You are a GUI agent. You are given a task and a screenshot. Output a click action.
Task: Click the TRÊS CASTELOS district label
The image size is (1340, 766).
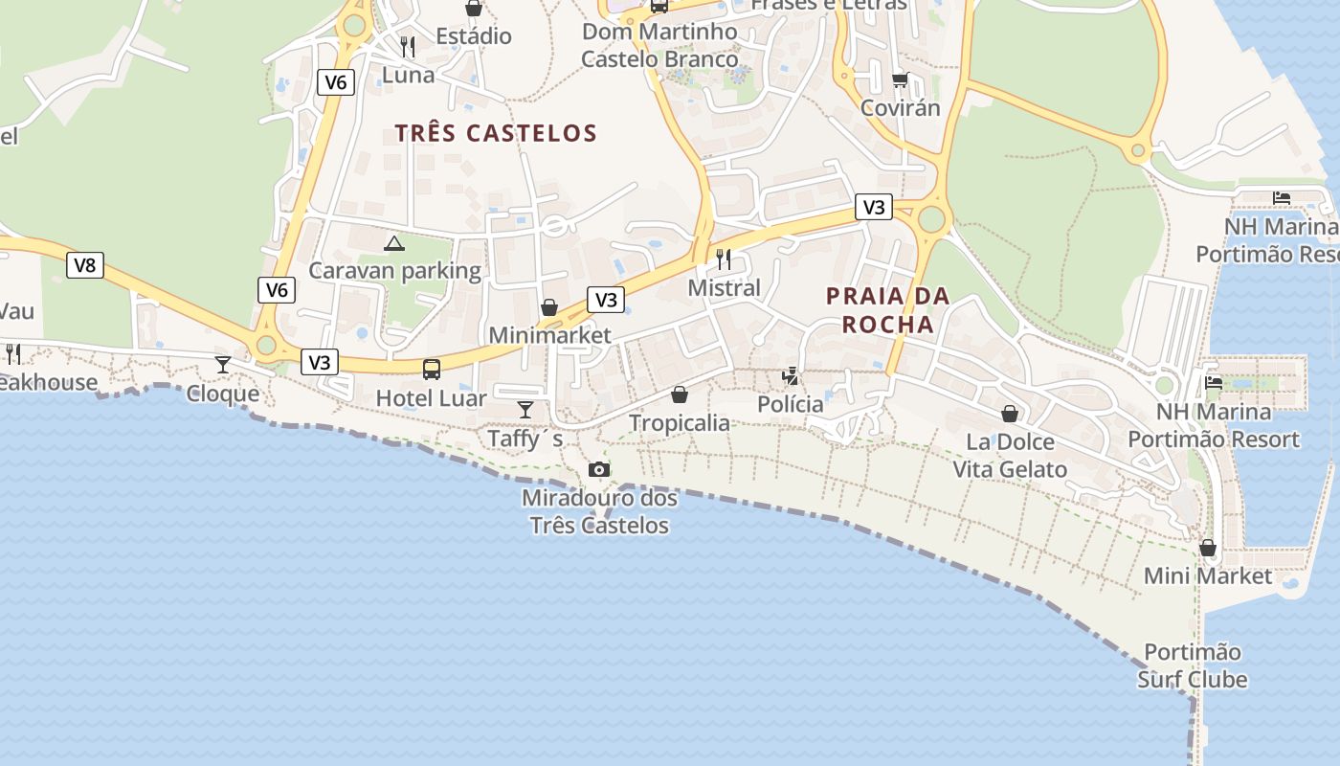pyautogui.click(x=496, y=133)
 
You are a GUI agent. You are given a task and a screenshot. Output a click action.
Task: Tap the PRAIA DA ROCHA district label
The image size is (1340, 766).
pyautogui.click(x=888, y=309)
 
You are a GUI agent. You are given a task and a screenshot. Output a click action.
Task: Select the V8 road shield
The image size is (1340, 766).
pyautogui.click(x=85, y=265)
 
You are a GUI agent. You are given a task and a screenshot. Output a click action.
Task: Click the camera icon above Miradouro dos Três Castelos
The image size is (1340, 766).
pyautogui.click(x=599, y=469)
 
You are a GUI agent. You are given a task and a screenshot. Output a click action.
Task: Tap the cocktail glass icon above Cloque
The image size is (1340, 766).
pyautogui.click(x=223, y=364)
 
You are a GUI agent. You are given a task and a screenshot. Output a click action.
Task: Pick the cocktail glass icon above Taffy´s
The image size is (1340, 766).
pyautogui.click(x=525, y=410)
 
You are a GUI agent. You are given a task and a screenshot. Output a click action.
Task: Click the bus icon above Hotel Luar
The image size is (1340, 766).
pyautogui.click(x=432, y=369)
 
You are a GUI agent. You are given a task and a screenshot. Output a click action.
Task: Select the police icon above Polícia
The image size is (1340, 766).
pyautogui.click(x=791, y=376)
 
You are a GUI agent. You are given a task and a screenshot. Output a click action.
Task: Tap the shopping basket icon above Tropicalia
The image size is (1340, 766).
pyautogui.click(x=680, y=394)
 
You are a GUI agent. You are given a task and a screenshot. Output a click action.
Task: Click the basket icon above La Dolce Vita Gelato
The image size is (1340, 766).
pyautogui.click(x=1010, y=413)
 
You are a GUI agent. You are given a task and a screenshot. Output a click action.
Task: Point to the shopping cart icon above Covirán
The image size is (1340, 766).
pyautogui.click(x=900, y=79)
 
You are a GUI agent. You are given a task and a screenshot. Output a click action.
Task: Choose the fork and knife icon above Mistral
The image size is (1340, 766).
pyautogui.click(x=724, y=259)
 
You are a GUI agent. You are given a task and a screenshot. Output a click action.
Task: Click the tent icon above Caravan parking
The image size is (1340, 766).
pyautogui.click(x=394, y=243)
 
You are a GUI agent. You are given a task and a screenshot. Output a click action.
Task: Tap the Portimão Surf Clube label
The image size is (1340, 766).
pyautogui.click(x=1193, y=666)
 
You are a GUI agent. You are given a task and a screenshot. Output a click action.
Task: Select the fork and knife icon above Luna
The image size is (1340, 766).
pyautogui.click(x=408, y=46)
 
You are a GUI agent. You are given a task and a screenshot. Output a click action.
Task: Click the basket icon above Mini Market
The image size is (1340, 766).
pyautogui.click(x=1208, y=548)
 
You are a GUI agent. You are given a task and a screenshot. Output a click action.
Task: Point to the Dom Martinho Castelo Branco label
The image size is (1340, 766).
pyautogui.click(x=660, y=45)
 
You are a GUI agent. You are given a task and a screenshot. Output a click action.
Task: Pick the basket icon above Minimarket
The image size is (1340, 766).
pyautogui.click(x=549, y=307)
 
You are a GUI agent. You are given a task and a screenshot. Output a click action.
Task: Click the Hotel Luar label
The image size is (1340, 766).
pyautogui.click(x=431, y=398)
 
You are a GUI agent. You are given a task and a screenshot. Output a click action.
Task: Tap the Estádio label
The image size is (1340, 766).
pyautogui.click(x=474, y=36)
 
